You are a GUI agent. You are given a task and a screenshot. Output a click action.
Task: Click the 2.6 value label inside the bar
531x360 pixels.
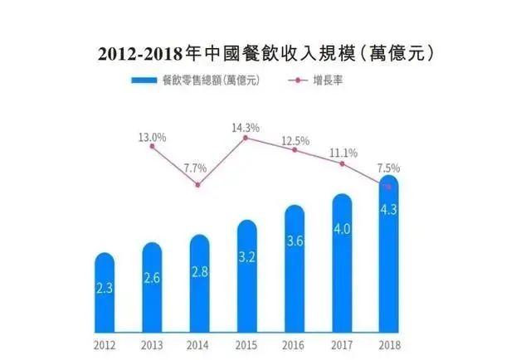[x=152, y=279]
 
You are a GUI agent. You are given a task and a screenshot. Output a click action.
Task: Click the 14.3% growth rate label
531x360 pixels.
[x=246, y=128]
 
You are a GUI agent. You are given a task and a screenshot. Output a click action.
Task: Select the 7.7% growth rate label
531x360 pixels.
[x=196, y=168]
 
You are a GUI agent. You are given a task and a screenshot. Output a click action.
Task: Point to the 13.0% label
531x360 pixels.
[x=152, y=138]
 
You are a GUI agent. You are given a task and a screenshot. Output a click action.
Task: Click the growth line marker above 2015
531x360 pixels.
[x=246, y=138]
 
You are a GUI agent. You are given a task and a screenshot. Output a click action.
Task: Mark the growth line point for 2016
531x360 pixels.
[x=294, y=150]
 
